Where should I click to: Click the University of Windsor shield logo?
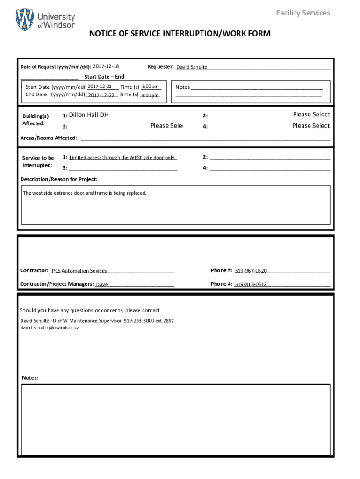(x=25, y=19)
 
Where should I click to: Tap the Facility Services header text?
(x=302, y=13)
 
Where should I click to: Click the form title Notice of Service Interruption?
(x=180, y=34)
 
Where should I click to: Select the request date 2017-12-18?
(x=106, y=66)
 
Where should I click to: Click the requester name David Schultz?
(x=191, y=67)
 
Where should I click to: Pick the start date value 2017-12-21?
(x=99, y=87)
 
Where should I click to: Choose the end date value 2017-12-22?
(x=101, y=95)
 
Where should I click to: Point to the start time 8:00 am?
(x=151, y=87)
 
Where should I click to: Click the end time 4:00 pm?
(x=150, y=95)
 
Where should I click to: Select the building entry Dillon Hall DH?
(x=89, y=115)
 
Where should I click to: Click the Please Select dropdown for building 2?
(x=311, y=115)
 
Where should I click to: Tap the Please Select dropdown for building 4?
(x=311, y=126)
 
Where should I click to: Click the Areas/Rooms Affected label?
(x=49, y=138)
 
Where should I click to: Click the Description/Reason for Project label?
(x=59, y=179)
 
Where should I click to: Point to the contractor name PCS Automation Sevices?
(x=79, y=271)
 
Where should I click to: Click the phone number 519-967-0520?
(x=251, y=271)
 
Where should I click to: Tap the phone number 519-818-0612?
(x=251, y=284)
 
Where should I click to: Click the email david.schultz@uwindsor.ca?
(x=50, y=328)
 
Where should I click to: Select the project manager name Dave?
(x=102, y=284)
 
